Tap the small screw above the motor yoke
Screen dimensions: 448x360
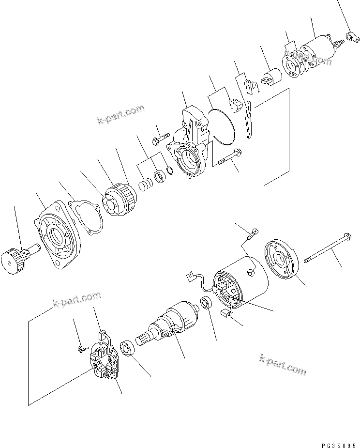pyautogui.click(x=252, y=235)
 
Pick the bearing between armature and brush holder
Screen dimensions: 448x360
pyautogui.click(x=126, y=349)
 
